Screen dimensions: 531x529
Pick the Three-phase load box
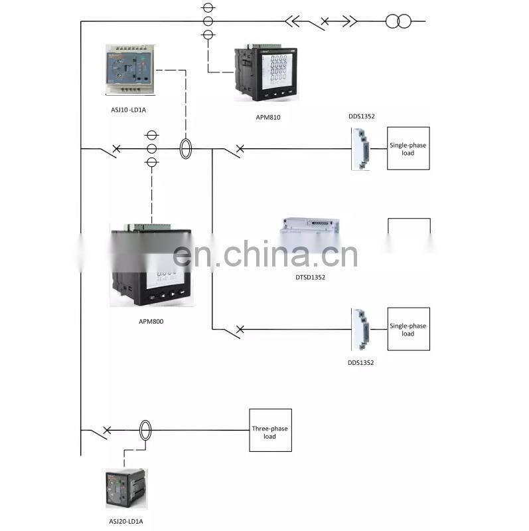tap(270, 430)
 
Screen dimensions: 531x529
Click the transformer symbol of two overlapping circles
tap(398, 21)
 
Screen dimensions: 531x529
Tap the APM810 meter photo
tap(265, 74)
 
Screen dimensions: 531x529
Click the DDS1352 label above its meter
tap(362, 116)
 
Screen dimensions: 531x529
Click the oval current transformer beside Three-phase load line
tap(145, 430)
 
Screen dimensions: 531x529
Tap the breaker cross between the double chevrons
tap(324, 23)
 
